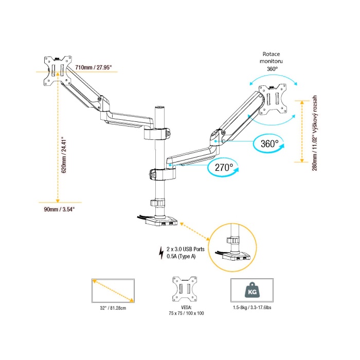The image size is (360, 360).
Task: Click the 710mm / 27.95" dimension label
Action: [94, 67]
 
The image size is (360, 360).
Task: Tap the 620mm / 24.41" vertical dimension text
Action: [64, 155]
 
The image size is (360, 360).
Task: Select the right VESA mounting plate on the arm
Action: [273, 100]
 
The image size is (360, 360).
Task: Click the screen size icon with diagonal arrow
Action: [112, 291]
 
